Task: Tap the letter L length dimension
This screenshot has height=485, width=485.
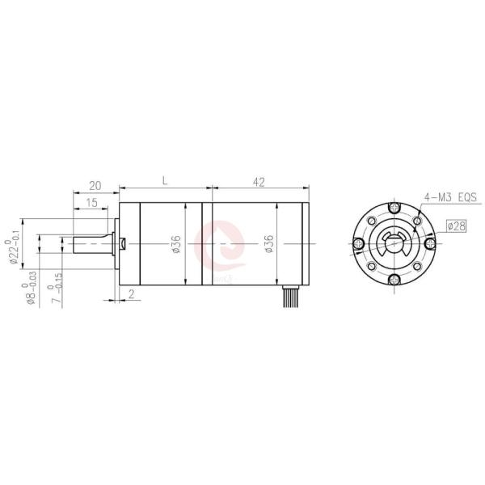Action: [x=164, y=183]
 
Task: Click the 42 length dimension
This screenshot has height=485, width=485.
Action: [x=259, y=183]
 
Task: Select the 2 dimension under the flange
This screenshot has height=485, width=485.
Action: [x=132, y=294]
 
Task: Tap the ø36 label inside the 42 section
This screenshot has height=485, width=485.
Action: [x=268, y=243]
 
